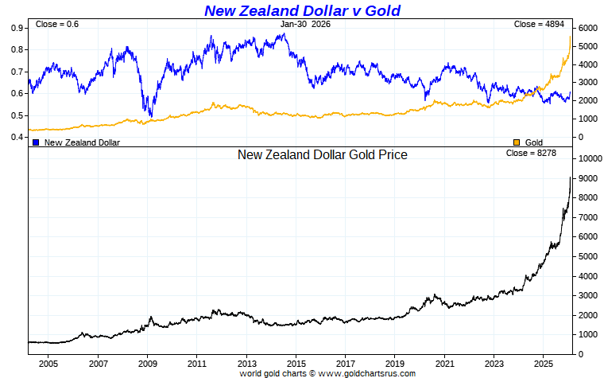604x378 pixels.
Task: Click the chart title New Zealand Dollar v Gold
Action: tap(302, 10)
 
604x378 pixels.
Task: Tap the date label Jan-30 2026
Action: tap(304, 25)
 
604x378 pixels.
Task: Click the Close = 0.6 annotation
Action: tap(57, 25)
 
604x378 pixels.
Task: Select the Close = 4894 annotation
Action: tap(536, 25)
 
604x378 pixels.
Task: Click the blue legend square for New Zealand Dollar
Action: tap(36, 142)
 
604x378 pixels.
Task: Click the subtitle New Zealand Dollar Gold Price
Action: tap(322, 155)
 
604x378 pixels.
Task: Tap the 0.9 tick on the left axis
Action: tap(16, 28)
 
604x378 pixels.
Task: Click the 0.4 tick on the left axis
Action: tap(16, 137)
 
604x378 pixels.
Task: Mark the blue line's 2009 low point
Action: tap(150, 116)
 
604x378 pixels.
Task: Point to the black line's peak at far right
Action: tap(570, 177)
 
